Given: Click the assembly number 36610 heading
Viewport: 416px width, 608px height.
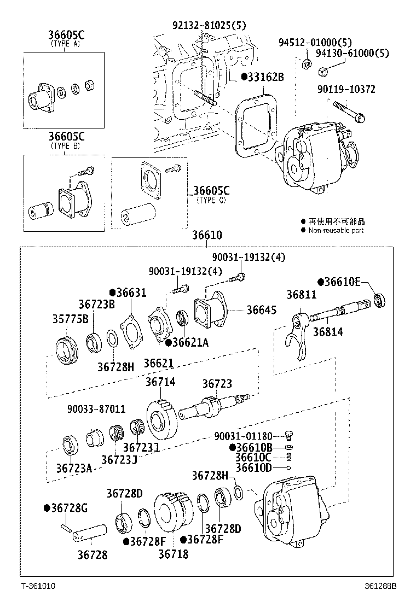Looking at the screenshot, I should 207,236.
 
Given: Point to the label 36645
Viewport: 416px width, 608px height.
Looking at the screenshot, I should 261,309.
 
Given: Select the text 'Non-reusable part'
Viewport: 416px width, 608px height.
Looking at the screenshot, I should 336,230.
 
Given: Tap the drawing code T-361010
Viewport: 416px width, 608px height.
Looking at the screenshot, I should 38,586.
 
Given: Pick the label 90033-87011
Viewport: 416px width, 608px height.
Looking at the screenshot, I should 96,408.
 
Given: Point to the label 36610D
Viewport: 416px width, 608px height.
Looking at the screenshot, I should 253,467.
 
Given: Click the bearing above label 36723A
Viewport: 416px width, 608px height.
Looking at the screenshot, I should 70,444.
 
